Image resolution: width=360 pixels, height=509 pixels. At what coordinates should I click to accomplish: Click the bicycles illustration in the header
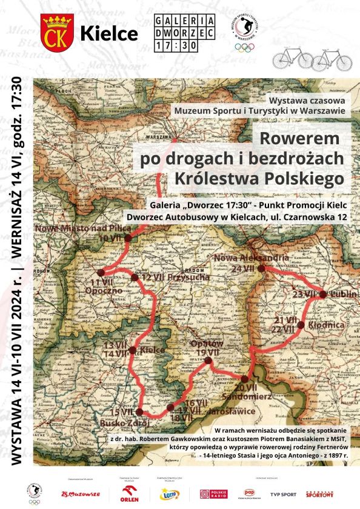(x=312, y=59)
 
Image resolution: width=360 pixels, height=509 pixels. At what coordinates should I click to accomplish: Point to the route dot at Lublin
(x=323, y=294)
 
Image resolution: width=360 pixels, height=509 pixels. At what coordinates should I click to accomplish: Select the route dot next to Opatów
(x=208, y=361)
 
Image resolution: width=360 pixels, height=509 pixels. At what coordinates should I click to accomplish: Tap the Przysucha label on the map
(x=184, y=277)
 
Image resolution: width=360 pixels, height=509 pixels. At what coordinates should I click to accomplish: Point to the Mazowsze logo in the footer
(x=80, y=494)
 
